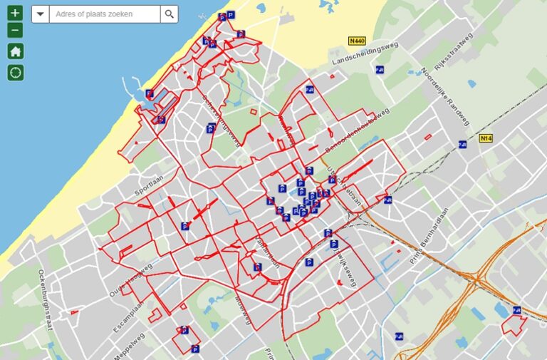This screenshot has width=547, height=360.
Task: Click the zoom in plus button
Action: (16, 14)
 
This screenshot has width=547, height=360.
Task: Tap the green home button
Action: (16, 51)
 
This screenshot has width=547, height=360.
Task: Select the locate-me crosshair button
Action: (16, 72)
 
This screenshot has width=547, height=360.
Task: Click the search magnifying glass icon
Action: (169, 14)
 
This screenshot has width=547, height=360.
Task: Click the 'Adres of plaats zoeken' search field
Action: (104, 14)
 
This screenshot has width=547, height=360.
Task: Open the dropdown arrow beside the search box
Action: (40, 14)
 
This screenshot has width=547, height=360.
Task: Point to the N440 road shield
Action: (357, 41)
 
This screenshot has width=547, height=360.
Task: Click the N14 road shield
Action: (486, 138)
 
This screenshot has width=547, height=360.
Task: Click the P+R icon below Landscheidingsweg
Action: (380, 70)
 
